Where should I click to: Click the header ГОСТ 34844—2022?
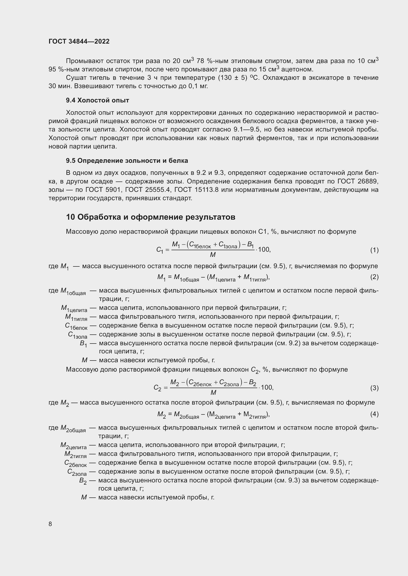point(79,41)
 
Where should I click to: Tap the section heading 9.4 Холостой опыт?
point(97,100)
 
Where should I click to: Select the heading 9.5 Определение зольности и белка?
point(127,161)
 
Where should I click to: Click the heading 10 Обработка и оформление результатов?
point(150,217)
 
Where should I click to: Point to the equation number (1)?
point(374,250)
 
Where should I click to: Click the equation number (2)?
point(374,277)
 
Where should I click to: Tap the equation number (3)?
point(374,388)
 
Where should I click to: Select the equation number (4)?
point(374,414)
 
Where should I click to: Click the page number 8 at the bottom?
point(50,524)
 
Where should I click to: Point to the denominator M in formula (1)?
point(213,255)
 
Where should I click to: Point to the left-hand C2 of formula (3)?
point(157,388)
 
